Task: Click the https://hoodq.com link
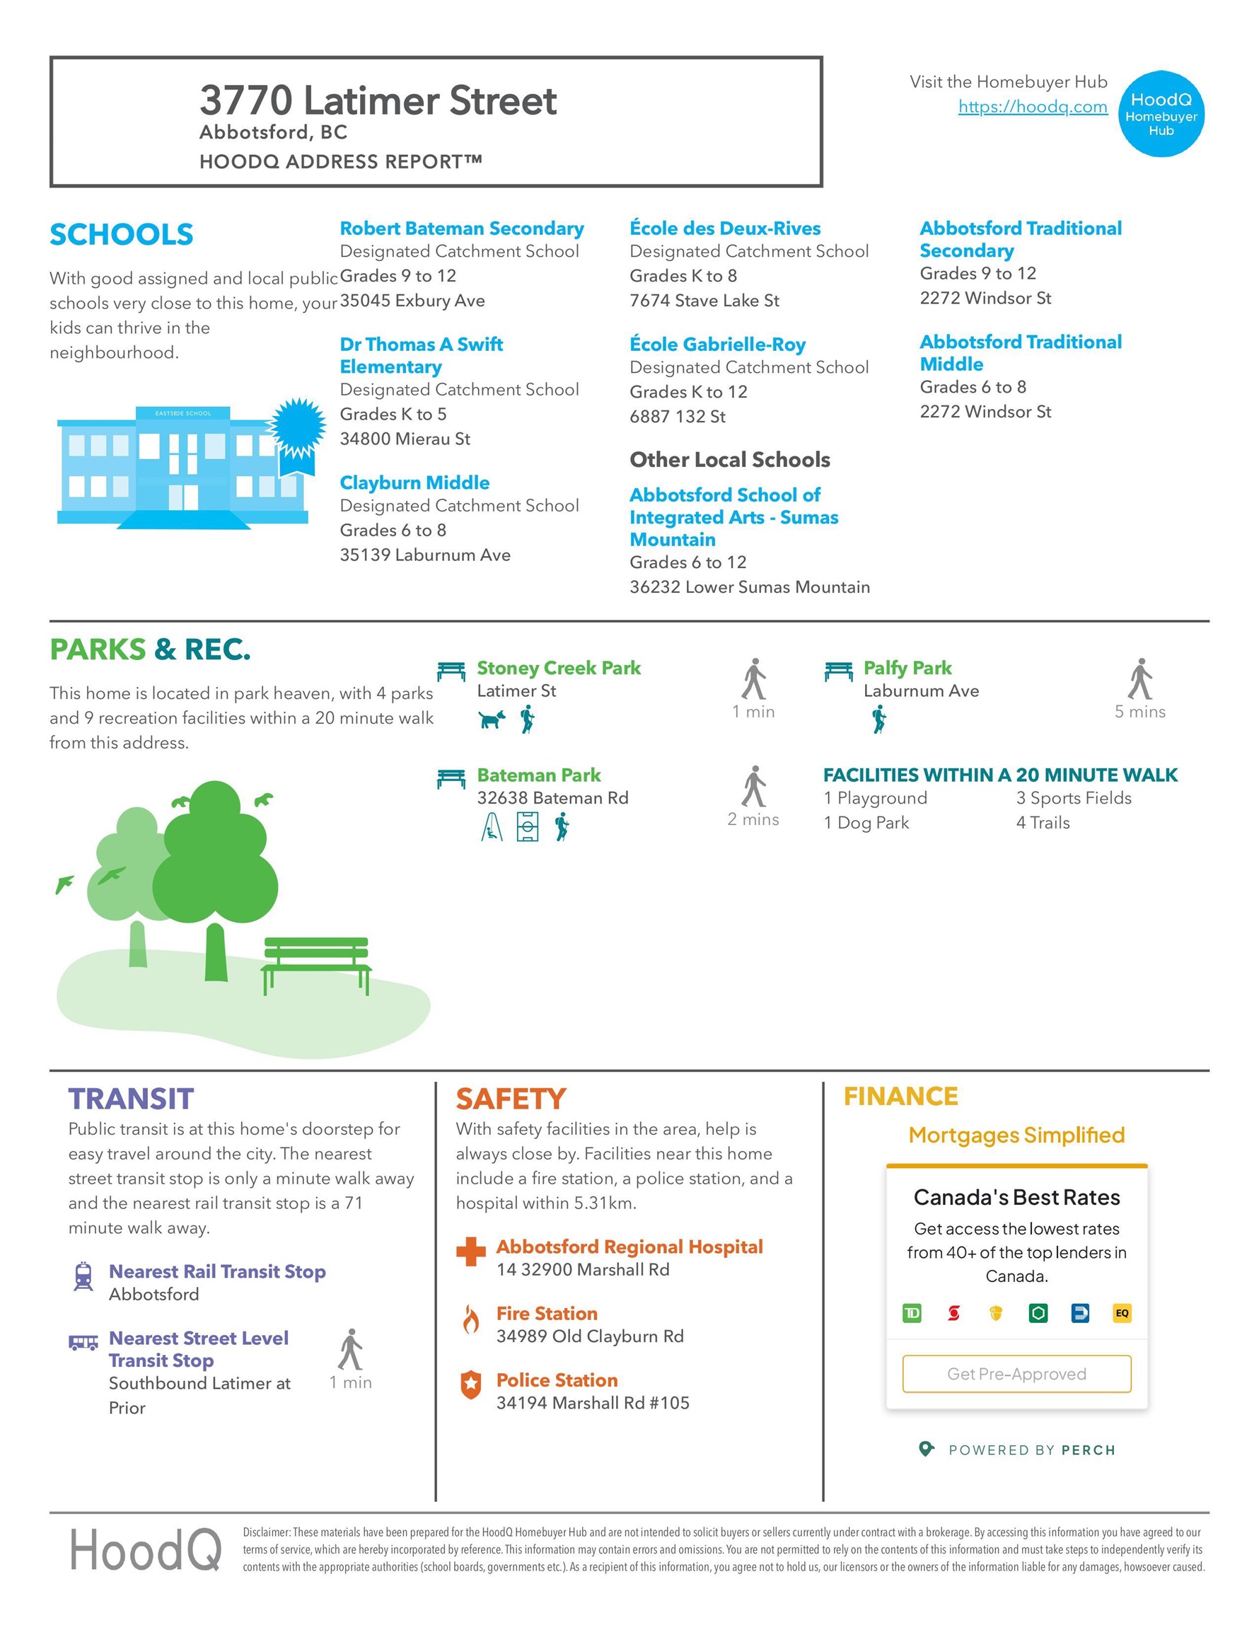tap(1032, 107)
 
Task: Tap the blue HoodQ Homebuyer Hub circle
tap(1161, 114)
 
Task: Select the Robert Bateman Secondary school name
tap(461, 229)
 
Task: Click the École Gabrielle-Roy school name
tap(717, 344)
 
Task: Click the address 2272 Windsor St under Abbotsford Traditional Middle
tap(985, 411)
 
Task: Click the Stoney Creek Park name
tap(558, 667)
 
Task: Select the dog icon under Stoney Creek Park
tap(492, 719)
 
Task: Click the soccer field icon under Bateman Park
tap(527, 827)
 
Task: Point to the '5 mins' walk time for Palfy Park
tap(1139, 711)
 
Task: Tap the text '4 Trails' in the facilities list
tap(1043, 823)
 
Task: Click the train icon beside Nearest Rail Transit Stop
tap(83, 1276)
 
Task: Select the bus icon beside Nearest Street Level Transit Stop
tap(83, 1343)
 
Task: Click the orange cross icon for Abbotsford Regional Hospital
tap(471, 1252)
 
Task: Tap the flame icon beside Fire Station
tap(470, 1319)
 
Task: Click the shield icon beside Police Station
tap(470, 1385)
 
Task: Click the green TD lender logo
tap(911, 1313)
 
